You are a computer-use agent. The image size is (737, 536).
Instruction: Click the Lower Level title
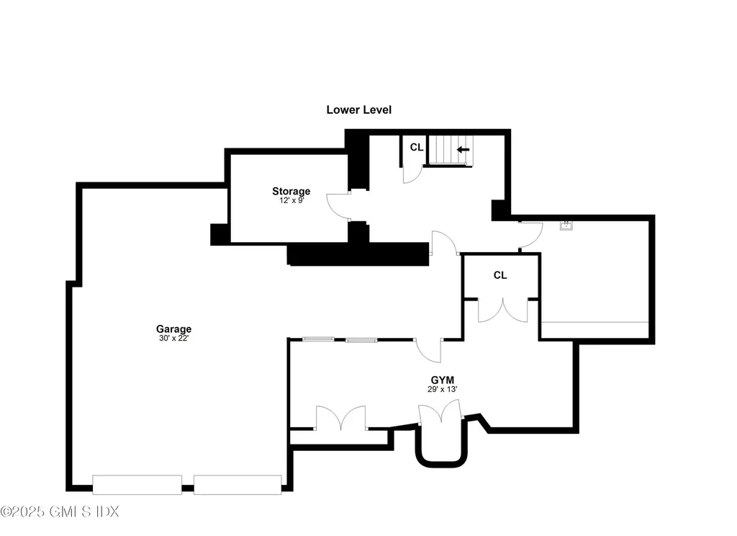[358, 110]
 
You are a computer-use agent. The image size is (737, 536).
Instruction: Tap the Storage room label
[291, 191]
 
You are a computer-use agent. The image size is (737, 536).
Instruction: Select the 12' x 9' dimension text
[291, 200]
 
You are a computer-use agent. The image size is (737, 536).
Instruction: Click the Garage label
[174, 329]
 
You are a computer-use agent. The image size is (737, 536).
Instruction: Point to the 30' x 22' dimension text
[174, 338]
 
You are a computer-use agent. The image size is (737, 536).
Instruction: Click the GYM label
[443, 380]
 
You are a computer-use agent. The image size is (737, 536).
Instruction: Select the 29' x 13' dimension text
[443, 389]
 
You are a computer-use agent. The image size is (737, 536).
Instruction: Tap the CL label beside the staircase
[417, 147]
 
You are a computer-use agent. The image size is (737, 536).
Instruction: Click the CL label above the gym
[500, 275]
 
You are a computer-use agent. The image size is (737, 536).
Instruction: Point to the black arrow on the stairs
[463, 150]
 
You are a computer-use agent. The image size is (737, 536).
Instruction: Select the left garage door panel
[137, 485]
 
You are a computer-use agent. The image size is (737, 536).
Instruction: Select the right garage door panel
[238, 485]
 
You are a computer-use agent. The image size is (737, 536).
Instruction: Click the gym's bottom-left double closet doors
[340, 417]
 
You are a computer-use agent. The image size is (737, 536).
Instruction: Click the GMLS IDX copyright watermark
[60, 512]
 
